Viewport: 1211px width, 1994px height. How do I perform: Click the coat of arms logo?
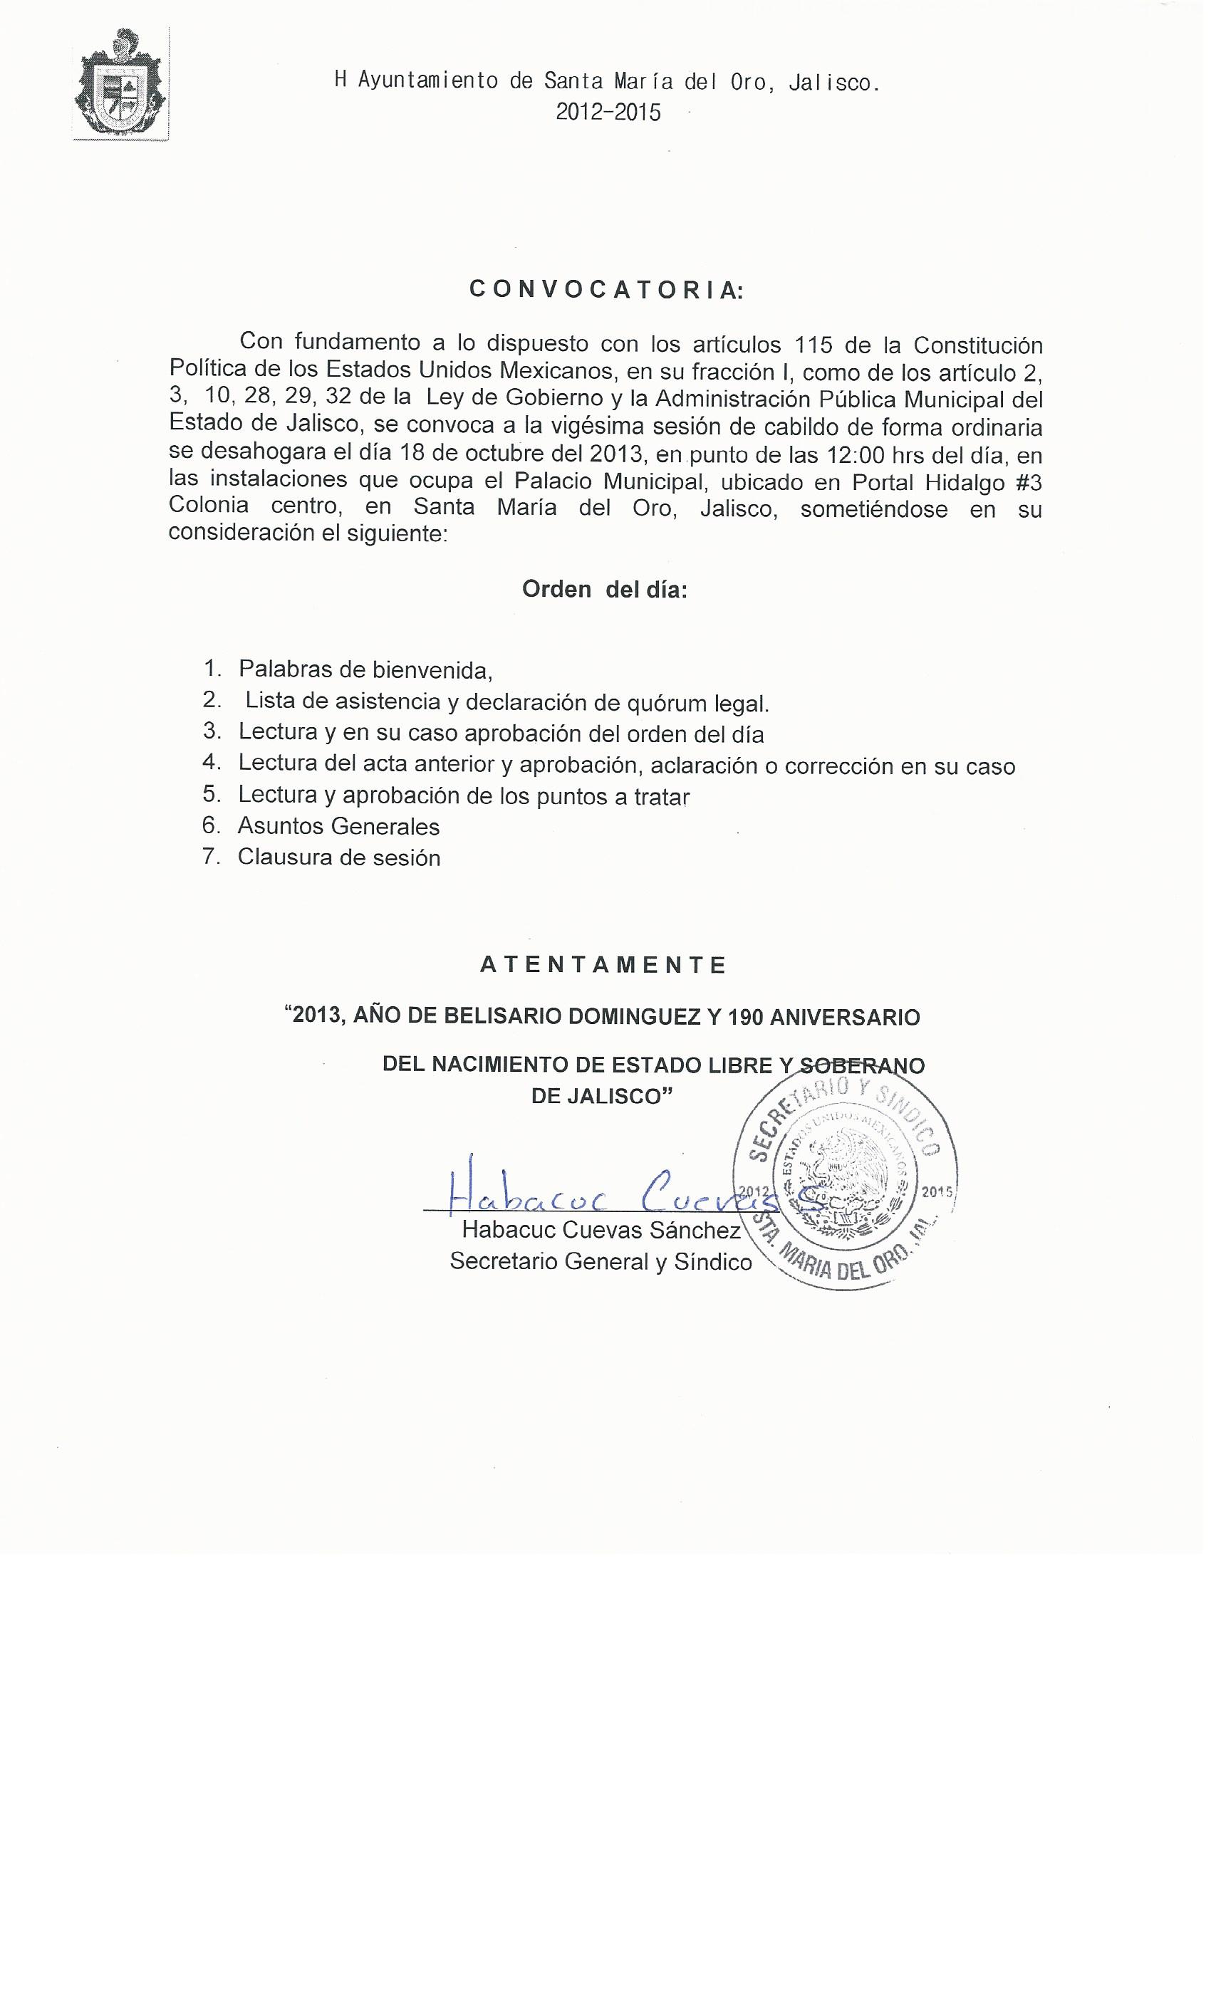click(120, 85)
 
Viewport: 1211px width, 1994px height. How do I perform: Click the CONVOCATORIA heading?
click(605, 291)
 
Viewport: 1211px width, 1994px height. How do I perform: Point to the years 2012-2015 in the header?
click(608, 113)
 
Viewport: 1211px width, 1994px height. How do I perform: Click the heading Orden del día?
click(605, 590)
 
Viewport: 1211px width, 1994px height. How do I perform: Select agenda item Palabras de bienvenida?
click(365, 670)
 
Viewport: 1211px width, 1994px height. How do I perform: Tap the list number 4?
click(212, 763)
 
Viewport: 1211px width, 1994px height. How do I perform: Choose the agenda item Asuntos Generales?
click(338, 826)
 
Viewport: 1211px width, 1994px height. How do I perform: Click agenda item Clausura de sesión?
click(339, 858)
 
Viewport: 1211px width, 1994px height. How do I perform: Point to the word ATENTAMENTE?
click(604, 965)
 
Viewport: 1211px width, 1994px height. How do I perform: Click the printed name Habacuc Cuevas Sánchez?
click(601, 1231)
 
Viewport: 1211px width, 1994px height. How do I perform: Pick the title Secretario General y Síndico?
click(601, 1262)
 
